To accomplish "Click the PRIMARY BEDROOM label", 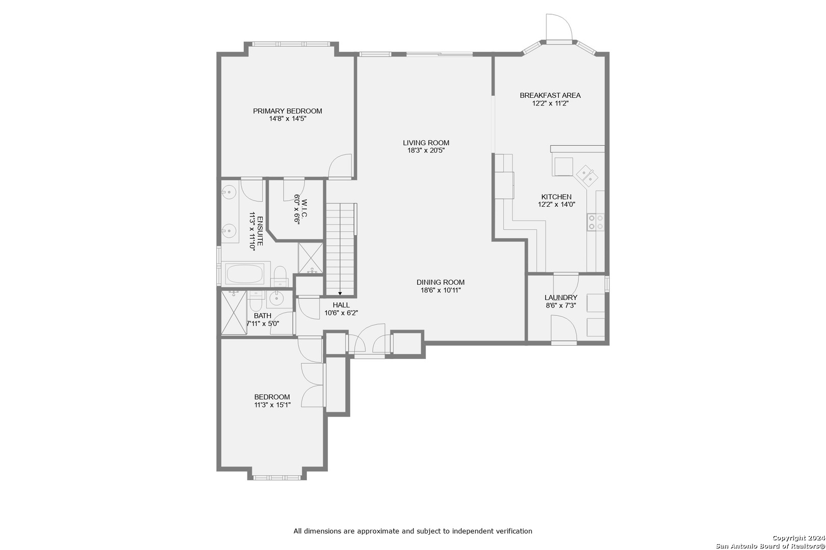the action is (287, 111).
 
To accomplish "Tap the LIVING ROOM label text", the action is (426, 143).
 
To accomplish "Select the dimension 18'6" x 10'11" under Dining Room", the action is (441, 290).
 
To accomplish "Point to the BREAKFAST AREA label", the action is (550, 95).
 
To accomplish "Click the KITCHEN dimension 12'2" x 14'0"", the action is (556, 204).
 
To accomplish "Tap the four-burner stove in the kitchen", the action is (596, 222).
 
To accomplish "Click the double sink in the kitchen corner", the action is (587, 176).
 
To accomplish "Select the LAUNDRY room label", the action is (561, 297).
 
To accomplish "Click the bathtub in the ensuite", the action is (245, 273).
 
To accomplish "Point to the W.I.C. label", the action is (304, 208).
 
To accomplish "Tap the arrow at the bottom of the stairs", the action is (340, 293).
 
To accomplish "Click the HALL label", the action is (341, 305).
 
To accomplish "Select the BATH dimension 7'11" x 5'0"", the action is (263, 324).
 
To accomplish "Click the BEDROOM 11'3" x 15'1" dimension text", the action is (272, 405).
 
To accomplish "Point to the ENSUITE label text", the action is (260, 231).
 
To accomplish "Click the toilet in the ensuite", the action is (280, 277).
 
